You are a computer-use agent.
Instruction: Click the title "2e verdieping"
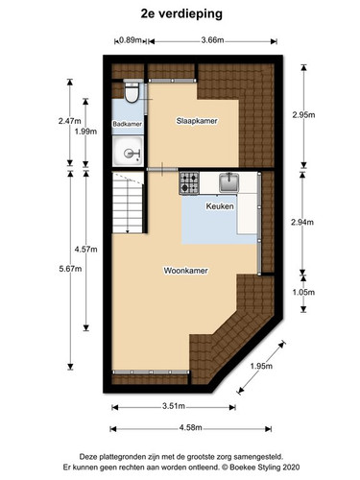181,14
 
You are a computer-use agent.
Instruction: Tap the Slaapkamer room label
197,121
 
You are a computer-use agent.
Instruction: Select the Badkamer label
127,124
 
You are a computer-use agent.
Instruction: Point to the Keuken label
220,206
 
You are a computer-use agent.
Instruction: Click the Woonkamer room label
185,271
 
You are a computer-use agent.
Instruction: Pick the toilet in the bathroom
132,91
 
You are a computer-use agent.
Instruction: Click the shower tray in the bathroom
128,151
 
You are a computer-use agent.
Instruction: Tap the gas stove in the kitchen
189,183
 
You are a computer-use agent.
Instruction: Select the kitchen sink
229,182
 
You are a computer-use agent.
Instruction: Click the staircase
128,203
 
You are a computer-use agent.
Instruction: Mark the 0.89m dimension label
131,40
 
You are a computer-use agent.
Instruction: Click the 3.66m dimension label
212,40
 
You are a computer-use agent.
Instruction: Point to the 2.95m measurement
303,115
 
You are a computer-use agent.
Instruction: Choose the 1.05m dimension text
303,292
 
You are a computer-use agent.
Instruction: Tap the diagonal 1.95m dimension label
261,366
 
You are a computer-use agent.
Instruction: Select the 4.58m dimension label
190,427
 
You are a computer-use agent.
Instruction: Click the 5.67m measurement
70,269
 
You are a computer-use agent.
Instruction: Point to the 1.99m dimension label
85,132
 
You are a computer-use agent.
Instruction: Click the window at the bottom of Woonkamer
151,372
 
